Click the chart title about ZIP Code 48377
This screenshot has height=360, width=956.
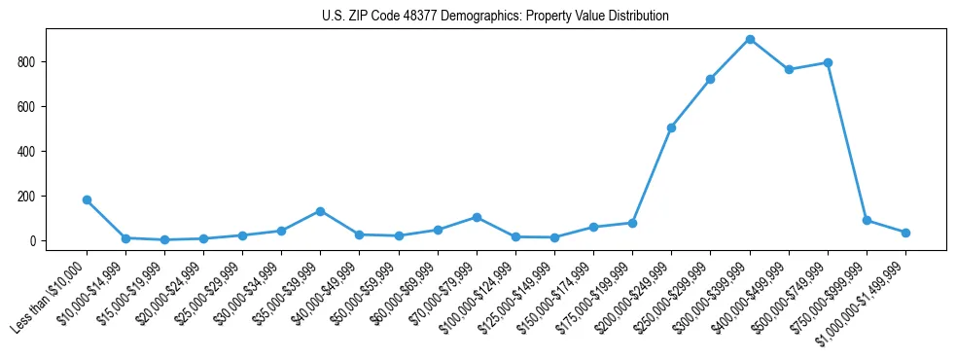click(495, 17)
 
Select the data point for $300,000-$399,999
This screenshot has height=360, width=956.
click(750, 40)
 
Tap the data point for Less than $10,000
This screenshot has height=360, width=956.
click(87, 200)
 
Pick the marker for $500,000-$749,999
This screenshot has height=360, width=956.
click(828, 62)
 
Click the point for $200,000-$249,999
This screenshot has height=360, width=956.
click(671, 127)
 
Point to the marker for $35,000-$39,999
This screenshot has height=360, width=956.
click(320, 211)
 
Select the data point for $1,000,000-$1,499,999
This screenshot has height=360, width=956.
click(905, 233)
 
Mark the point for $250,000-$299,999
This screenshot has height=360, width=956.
click(710, 79)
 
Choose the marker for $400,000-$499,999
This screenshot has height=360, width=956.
click(789, 70)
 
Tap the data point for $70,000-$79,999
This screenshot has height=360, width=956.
click(477, 217)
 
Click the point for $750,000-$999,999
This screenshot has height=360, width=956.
click(867, 220)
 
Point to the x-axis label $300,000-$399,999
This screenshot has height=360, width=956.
click(709, 296)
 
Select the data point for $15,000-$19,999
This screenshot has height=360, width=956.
click(164, 239)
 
